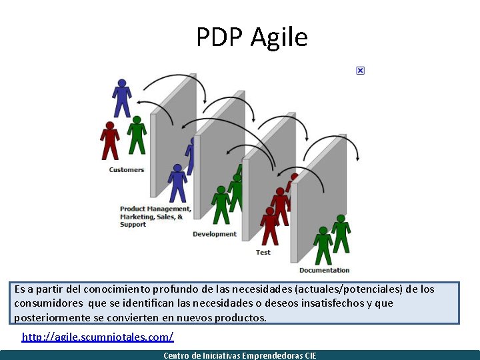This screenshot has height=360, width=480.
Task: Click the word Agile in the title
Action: pos(279,37)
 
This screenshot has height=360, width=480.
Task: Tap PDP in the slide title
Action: pos(221,37)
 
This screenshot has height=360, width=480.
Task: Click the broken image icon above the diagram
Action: pos(360,71)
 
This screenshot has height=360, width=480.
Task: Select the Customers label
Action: pos(127,170)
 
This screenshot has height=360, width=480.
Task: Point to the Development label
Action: pos(215,234)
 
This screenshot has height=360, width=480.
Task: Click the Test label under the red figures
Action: pos(263,253)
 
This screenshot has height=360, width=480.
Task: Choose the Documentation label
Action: pos(324,270)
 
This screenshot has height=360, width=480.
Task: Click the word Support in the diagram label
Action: pos(133,225)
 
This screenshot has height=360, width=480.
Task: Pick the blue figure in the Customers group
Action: pos(121,97)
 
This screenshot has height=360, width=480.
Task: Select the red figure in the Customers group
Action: pos(109,139)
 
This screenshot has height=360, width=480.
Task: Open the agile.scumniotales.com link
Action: pos(97,337)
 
